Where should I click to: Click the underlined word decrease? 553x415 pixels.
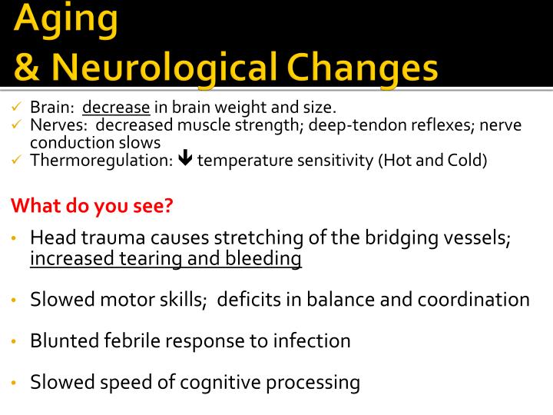[117, 108]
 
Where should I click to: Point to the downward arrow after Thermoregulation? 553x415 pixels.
[184, 160]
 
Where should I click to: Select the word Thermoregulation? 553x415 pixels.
[100, 160]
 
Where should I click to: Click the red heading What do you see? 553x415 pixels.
[91, 205]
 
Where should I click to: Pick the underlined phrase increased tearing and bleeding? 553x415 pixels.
[166, 259]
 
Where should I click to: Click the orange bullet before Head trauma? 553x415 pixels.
[15, 238]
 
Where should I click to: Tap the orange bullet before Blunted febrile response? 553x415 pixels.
[15, 340]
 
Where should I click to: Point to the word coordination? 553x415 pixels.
[473, 300]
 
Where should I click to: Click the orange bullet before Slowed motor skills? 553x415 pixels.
[15, 300]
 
